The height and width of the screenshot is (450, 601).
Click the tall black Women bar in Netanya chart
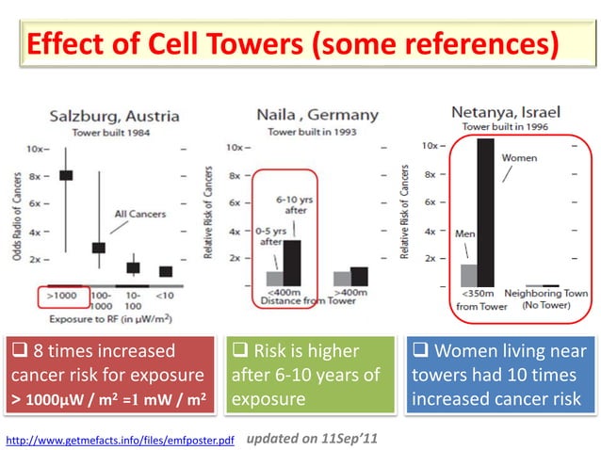(x=485, y=212)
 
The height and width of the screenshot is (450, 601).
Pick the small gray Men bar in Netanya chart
(x=467, y=274)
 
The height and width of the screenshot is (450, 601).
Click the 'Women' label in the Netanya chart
(x=519, y=156)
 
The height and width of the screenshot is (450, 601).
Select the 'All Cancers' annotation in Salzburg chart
(x=136, y=214)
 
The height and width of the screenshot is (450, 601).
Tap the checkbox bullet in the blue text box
(x=420, y=352)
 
